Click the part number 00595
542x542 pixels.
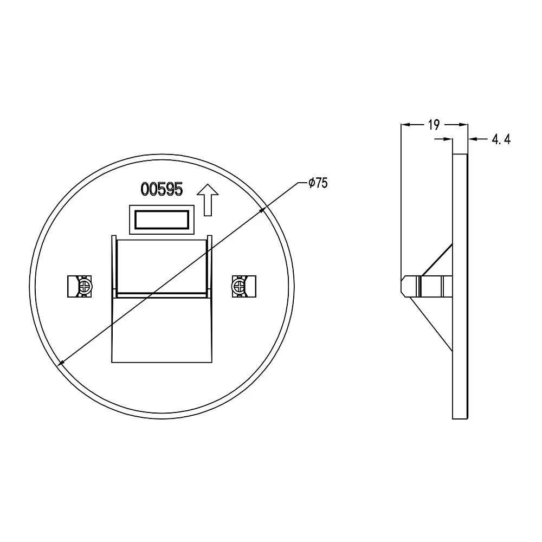pyautogui.click(x=162, y=189)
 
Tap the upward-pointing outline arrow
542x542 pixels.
pyautogui.click(x=208, y=200)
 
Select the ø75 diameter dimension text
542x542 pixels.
pyautogui.click(x=318, y=183)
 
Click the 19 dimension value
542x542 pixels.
pyautogui.click(x=434, y=125)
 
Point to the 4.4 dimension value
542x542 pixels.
pyautogui.click(x=501, y=139)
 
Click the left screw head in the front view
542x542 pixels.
pyautogui.click(x=85, y=286)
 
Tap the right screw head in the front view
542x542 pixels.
pyautogui.click(x=238, y=286)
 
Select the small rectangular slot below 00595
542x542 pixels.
pyautogui.click(x=162, y=220)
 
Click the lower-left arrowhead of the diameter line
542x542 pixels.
pyautogui.click(x=61, y=363)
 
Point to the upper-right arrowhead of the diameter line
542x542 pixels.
pyautogui.click(x=262, y=210)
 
